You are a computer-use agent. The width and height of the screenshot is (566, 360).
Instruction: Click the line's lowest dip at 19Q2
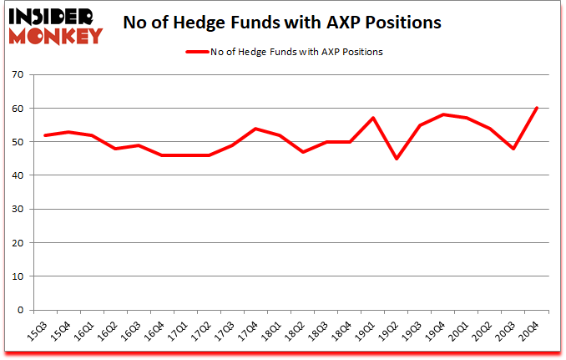coord(397,159)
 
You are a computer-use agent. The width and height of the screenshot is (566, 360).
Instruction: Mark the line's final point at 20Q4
coord(538,109)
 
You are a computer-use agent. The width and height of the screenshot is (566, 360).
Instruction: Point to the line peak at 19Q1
coord(373,119)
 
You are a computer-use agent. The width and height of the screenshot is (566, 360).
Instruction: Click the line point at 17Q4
coord(256,129)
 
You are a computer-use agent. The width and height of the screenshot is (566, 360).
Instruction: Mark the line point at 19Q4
coord(443,114)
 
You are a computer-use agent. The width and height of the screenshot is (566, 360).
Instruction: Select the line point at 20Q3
coord(514,149)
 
